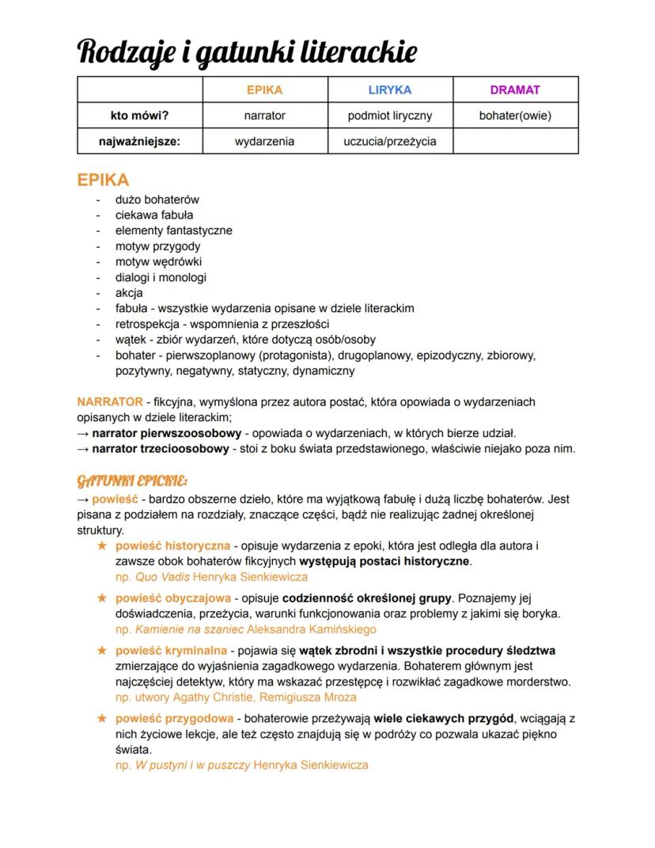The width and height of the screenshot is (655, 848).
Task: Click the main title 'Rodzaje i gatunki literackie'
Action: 247,51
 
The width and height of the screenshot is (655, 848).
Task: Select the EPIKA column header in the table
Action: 264,90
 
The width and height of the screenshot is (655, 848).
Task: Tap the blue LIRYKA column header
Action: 390,90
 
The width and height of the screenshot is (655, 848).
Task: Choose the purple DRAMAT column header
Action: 515,90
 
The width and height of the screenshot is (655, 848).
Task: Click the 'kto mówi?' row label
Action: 139,116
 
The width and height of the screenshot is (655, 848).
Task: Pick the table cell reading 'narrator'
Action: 264,116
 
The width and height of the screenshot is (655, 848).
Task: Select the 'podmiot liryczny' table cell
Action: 390,116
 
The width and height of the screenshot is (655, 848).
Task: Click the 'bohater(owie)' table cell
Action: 515,116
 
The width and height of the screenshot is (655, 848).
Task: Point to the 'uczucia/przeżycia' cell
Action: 390,141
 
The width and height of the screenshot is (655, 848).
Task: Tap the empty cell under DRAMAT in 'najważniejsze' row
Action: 515,141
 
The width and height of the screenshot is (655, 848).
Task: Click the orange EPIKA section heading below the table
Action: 103,180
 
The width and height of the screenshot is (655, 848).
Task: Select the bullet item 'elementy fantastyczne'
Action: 174,230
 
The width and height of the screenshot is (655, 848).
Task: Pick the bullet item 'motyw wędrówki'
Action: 158,261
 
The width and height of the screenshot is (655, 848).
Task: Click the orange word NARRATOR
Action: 110,401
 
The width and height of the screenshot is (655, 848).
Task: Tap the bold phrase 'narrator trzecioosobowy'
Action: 160,449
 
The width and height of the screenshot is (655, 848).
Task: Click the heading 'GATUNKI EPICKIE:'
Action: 132,481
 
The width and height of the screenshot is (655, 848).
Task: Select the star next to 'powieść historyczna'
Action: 101,546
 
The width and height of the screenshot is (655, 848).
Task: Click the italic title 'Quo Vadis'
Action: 162,576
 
